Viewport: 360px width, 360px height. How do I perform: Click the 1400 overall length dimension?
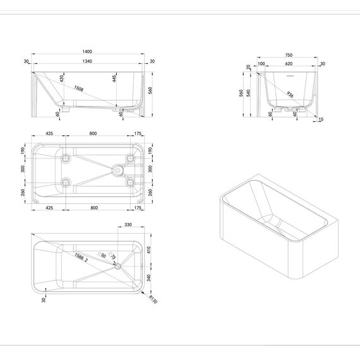(x=87, y=51)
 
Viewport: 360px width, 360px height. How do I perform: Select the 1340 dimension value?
(x=87, y=61)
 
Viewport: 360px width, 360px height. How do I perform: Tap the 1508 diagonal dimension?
(x=78, y=88)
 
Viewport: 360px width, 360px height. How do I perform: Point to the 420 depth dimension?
(x=61, y=78)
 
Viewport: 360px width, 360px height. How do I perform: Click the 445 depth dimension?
(x=114, y=78)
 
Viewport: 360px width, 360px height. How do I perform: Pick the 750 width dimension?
(x=289, y=55)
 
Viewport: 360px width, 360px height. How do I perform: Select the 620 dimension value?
(x=289, y=64)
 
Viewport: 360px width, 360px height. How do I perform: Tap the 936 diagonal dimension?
(x=290, y=94)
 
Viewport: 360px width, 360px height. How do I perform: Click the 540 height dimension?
(x=248, y=93)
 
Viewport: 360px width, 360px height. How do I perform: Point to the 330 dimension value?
(x=128, y=225)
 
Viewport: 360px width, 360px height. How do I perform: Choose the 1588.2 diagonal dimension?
(x=81, y=258)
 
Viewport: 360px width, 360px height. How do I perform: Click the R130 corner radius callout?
(x=153, y=299)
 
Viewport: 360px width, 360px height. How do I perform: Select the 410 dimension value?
(x=149, y=250)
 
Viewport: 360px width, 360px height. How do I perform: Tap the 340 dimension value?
(x=149, y=278)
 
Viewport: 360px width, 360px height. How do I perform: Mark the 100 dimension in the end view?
(x=261, y=64)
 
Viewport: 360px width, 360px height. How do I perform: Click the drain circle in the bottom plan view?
(x=118, y=266)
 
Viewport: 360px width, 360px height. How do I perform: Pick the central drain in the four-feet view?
(x=117, y=171)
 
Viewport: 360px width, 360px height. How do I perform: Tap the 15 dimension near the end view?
(x=321, y=119)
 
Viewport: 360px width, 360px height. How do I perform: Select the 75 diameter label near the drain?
(x=112, y=256)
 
